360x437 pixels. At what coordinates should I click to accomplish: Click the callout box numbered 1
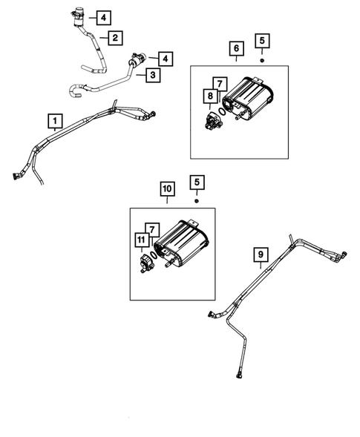point(54,119)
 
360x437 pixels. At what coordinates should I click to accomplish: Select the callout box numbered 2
point(115,37)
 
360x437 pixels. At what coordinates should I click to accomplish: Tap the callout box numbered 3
point(152,76)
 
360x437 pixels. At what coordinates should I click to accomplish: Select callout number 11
point(140,240)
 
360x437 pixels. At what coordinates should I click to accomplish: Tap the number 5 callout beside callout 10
point(197,182)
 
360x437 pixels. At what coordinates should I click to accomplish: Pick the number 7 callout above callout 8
point(219,83)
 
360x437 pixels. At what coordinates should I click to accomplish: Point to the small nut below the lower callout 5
point(197,200)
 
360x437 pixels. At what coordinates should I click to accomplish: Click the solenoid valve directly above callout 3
point(137,59)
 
